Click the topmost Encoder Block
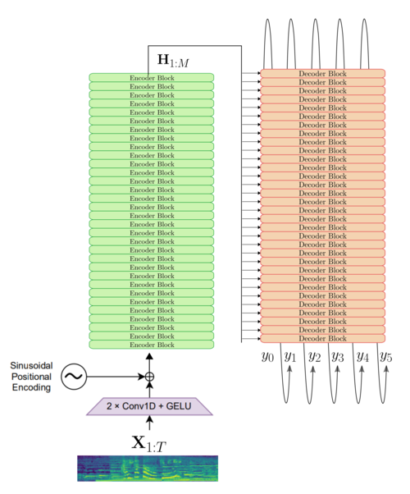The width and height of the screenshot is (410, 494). click(x=152, y=77)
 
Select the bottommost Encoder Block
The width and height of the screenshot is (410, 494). click(x=152, y=345)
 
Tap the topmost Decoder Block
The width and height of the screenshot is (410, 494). click(x=323, y=73)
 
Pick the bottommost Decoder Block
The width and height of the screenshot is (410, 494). click(x=323, y=338)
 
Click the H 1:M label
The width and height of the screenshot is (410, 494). click(x=173, y=61)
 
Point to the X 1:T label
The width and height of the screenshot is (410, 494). click(x=148, y=444)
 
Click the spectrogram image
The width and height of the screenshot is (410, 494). click(x=148, y=469)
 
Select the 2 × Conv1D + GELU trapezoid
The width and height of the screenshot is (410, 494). click(x=149, y=406)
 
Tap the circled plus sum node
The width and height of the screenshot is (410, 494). click(x=149, y=377)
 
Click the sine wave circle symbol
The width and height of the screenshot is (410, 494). click(x=74, y=377)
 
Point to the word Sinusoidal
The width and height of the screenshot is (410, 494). click(x=31, y=365)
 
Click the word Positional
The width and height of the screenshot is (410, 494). click(x=31, y=377)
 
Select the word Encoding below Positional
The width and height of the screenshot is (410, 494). click(x=31, y=387)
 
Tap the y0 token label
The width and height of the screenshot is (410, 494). click(x=267, y=357)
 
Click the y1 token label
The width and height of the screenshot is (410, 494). click(x=290, y=357)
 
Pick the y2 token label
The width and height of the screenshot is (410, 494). click(x=315, y=357)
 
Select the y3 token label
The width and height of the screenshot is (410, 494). click(x=338, y=357)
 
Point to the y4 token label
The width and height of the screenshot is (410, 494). click(x=362, y=357)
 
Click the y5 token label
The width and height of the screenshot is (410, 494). click(x=386, y=357)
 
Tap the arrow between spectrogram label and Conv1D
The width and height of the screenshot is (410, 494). click(x=149, y=423)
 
